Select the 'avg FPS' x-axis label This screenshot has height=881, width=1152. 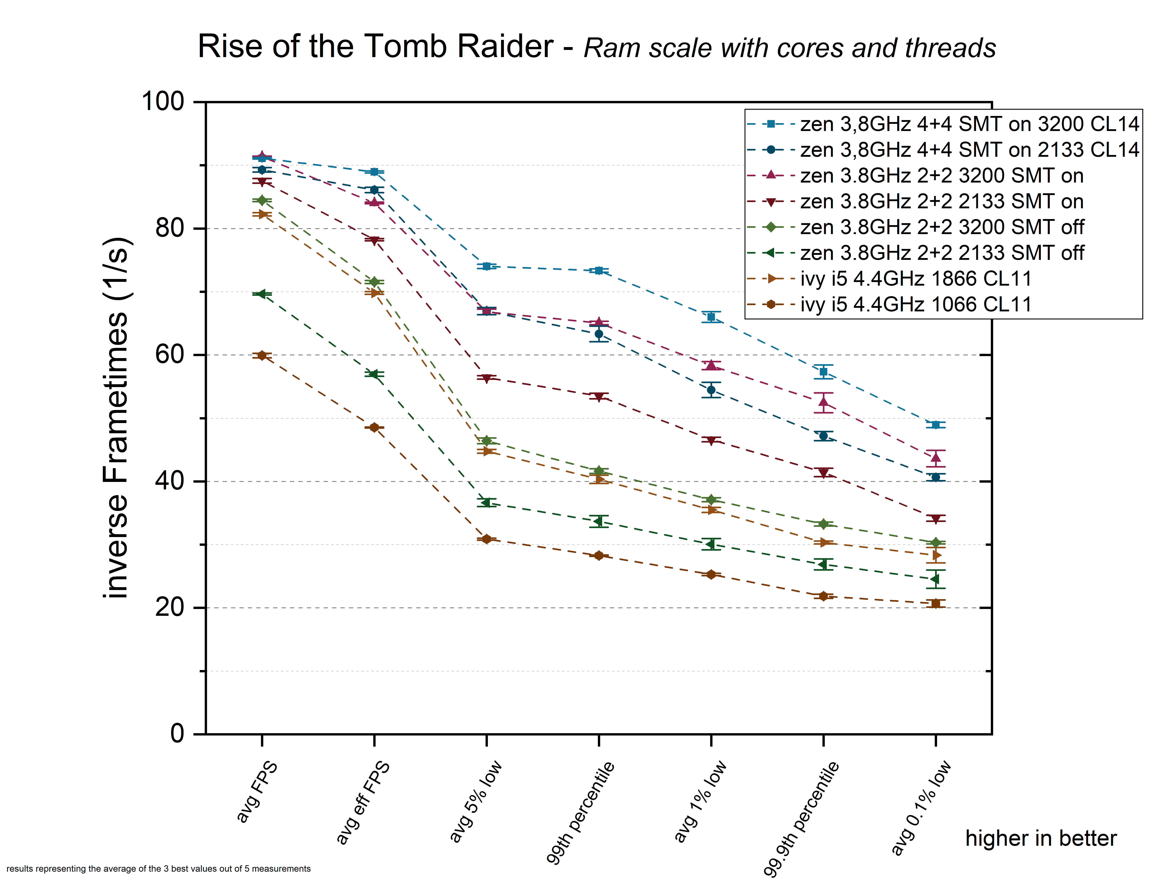[257, 792]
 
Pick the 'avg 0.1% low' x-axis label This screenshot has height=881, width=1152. [921, 808]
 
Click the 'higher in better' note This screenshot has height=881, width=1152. [1041, 838]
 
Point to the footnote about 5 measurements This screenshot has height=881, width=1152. [159, 868]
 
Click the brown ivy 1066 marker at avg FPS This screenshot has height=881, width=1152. [262, 356]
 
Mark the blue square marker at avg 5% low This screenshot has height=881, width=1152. [486, 266]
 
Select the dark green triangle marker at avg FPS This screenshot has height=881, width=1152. [262, 294]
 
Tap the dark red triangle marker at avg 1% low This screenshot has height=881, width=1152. [711, 441]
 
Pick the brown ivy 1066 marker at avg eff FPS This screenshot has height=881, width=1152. [374, 427]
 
